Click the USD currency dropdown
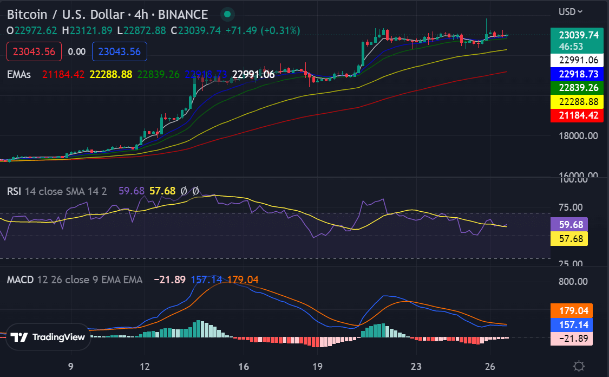tap(571, 11)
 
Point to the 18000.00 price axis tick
tap(578, 135)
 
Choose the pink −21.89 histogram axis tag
tap(572, 339)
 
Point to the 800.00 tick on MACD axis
tap(572, 281)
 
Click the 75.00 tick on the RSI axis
tap(571, 207)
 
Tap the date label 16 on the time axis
tap(244, 366)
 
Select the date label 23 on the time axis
tap(416, 366)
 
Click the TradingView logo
tap(48, 337)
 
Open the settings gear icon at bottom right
tap(579, 366)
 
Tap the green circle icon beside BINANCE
tap(228, 14)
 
